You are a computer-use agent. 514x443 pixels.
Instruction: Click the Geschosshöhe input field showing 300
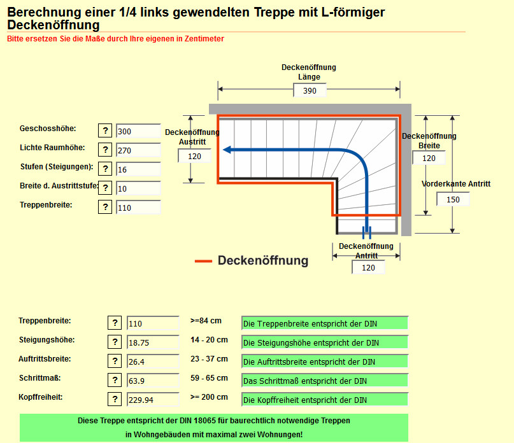pyautogui.click(x=138, y=131)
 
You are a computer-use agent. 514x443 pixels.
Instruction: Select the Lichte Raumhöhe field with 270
pyautogui.click(x=138, y=150)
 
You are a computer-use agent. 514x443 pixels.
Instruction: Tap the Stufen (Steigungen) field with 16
pyautogui.click(x=138, y=169)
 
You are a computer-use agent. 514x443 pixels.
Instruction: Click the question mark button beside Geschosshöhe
pyautogui.click(x=105, y=131)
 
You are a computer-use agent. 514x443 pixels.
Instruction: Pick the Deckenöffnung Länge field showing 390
pyautogui.click(x=310, y=90)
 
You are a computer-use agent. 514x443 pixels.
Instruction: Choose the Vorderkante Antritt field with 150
pyautogui.click(x=453, y=199)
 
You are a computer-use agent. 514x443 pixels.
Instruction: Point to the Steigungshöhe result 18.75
pyautogui.click(x=153, y=342)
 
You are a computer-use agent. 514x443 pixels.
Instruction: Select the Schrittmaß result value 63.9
pyautogui.click(x=153, y=381)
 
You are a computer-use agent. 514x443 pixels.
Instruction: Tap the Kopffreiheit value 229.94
pyautogui.click(x=153, y=400)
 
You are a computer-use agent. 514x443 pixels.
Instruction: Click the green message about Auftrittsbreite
pyautogui.click(x=324, y=362)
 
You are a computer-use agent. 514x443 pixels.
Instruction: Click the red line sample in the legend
pyautogui.click(x=203, y=261)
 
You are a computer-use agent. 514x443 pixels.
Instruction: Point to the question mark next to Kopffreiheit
pyautogui.click(x=114, y=399)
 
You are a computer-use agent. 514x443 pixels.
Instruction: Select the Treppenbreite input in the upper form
pyautogui.click(x=138, y=207)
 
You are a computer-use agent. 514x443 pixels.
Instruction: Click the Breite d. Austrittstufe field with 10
pyautogui.click(x=138, y=188)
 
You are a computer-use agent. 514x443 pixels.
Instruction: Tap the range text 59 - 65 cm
pyautogui.click(x=209, y=378)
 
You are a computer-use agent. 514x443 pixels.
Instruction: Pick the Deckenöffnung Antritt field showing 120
pyautogui.click(x=368, y=268)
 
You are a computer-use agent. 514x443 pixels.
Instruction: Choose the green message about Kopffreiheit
pyautogui.click(x=324, y=400)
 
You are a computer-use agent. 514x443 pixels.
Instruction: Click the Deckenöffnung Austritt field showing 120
pyautogui.click(x=194, y=157)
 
